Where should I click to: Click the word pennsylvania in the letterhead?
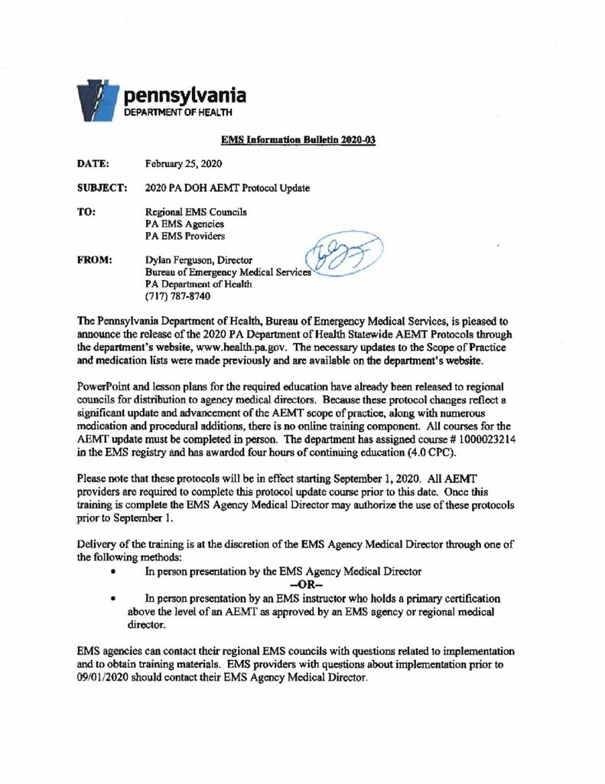coord(185,96)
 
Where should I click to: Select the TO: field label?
coord(85,211)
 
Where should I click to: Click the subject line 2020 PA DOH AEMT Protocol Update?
coord(227,188)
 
